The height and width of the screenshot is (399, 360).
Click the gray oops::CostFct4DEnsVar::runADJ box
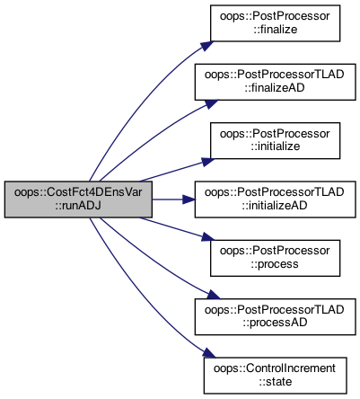78,199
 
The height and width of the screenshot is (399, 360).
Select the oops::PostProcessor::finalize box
275,23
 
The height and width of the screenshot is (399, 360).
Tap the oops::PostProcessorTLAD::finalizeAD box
275,82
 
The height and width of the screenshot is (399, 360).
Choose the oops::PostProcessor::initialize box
275,140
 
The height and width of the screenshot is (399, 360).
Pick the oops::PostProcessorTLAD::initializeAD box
275,199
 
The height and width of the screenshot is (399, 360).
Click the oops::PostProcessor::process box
275,258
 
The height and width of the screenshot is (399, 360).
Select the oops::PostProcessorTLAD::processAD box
275,316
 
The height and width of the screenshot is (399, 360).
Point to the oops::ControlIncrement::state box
276,376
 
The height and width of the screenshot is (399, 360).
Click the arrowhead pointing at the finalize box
207,45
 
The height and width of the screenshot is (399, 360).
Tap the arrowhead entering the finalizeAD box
211,103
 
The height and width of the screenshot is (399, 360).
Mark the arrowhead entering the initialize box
207,162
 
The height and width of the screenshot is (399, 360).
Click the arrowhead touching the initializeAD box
189,199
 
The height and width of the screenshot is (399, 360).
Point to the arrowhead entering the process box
207,237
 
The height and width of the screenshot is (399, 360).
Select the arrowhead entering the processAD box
213,295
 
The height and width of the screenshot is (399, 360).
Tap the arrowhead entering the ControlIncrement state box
208,353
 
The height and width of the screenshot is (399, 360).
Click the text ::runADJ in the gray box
78,206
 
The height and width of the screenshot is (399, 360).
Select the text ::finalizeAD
275,88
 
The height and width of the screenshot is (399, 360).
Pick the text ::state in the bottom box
276,382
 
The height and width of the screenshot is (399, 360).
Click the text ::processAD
275,323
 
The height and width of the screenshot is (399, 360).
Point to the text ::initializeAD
275,206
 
